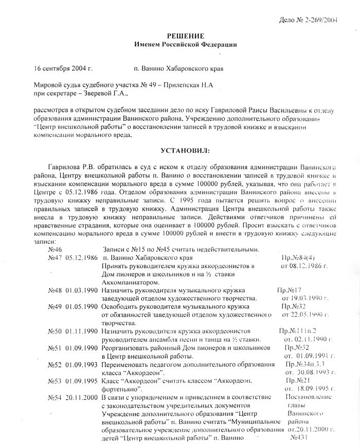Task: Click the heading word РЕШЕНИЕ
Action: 186,35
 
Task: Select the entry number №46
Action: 54,249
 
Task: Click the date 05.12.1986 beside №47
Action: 81,257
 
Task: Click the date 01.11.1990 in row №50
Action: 81,331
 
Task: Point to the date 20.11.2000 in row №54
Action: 81,398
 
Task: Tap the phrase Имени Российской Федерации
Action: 186,45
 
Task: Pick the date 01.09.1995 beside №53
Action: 81,381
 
